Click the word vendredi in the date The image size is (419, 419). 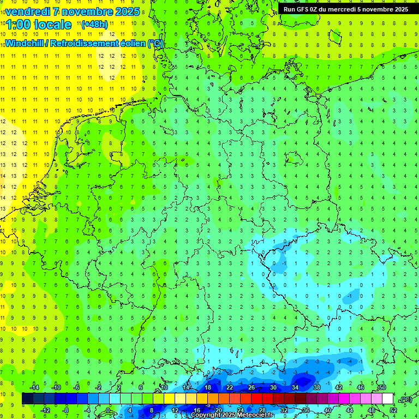pos(28,11)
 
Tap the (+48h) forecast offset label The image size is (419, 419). pos(94,24)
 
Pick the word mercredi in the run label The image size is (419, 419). pos(343,9)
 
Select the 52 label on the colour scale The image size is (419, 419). pos(393,410)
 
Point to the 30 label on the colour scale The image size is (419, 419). pos(273,387)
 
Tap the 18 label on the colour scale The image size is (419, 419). pos(207,387)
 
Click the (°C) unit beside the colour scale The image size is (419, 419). pos(405,399)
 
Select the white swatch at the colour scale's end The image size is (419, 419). pos(387,399)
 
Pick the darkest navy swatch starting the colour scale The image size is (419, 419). pos(27,399)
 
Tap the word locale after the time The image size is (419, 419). pos(53,25)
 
